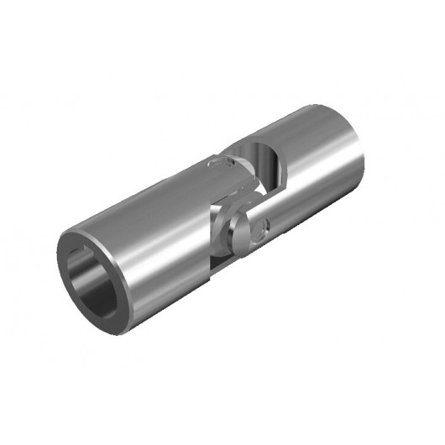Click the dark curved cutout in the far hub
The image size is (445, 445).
click(x=267, y=165)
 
